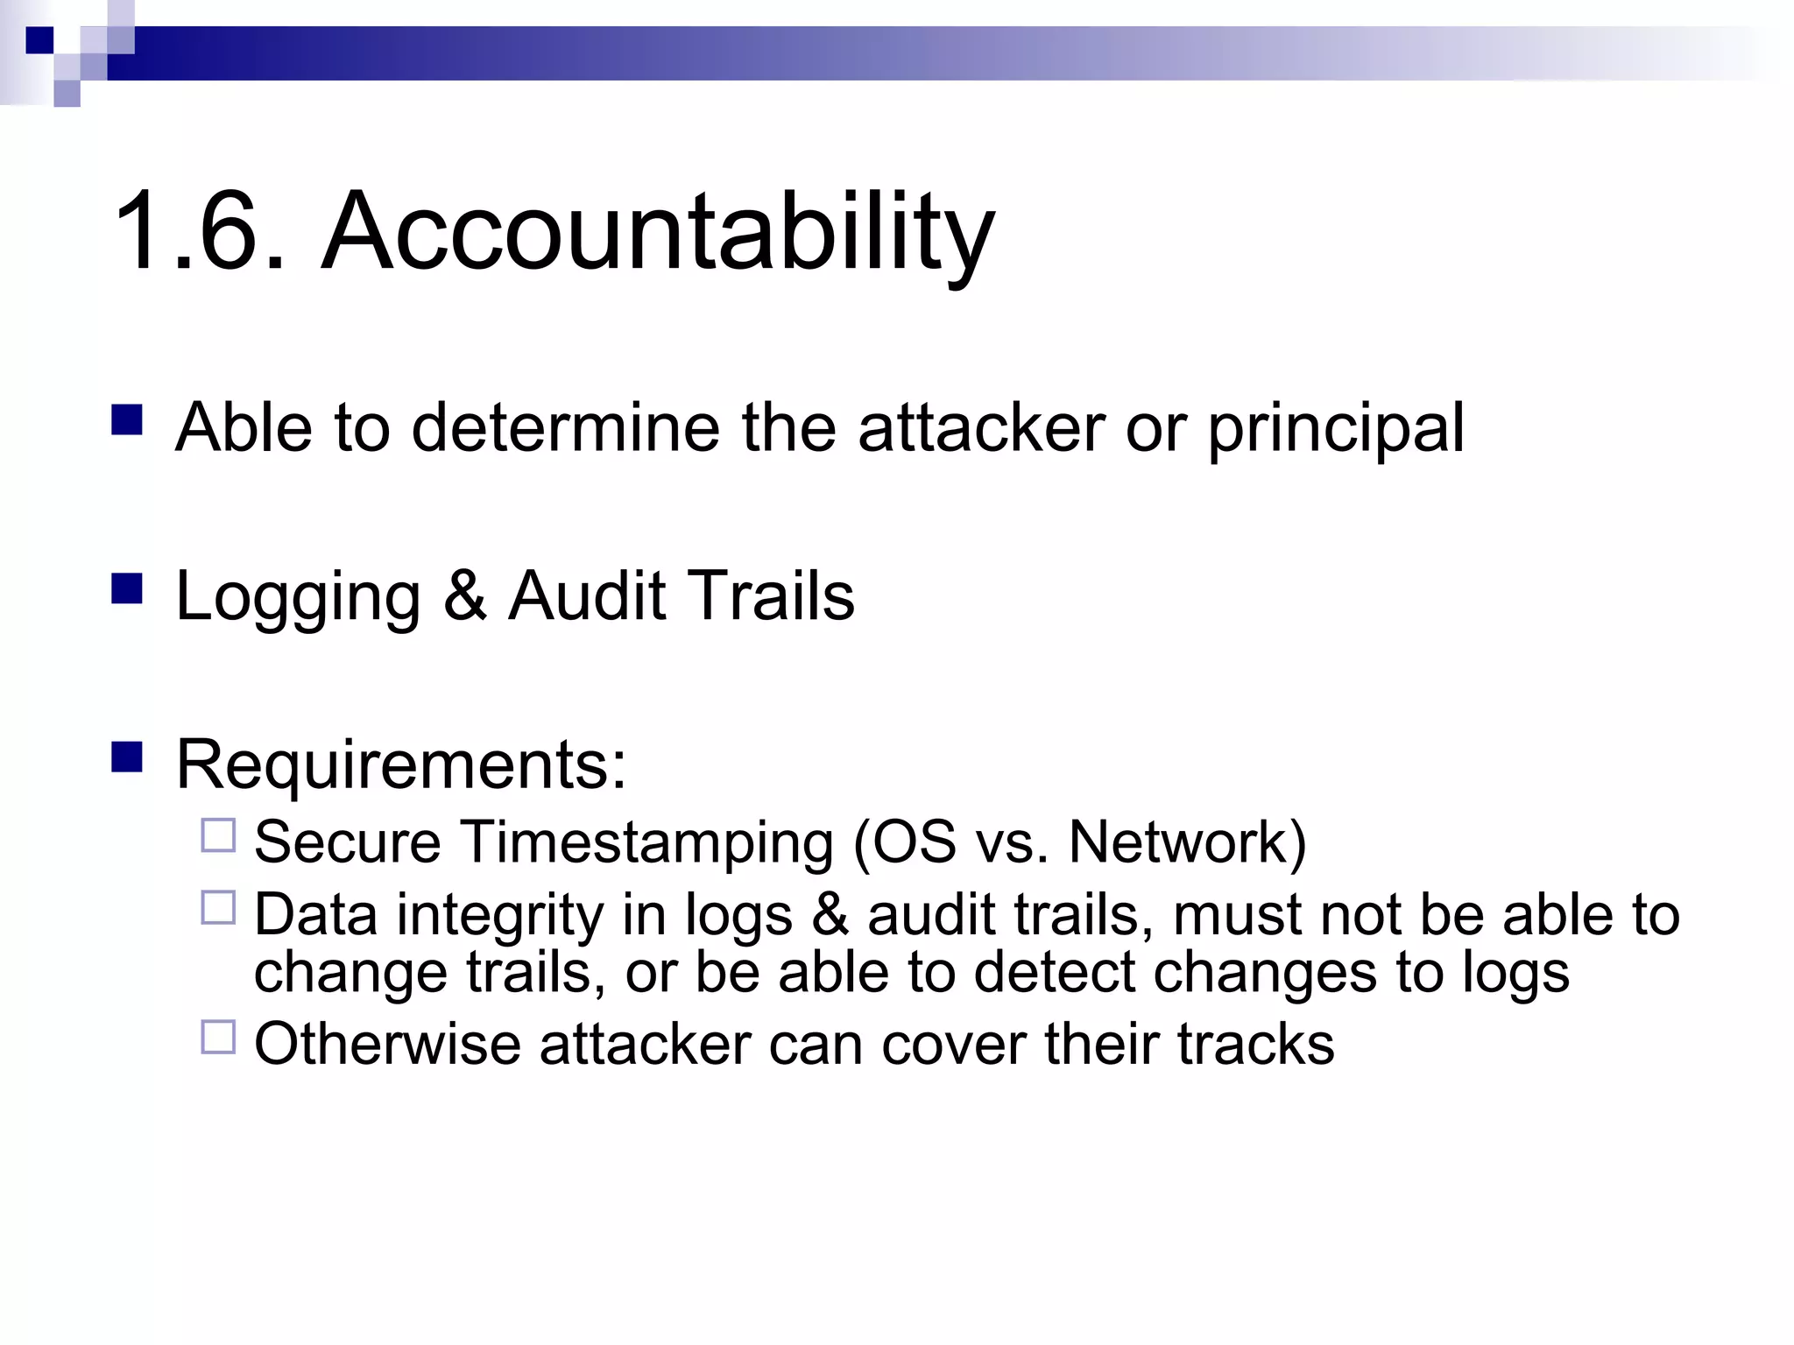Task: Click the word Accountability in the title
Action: click(x=658, y=232)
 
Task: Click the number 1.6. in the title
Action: click(x=200, y=232)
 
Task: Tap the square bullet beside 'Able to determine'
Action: click(x=127, y=420)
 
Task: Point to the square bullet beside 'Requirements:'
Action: click(x=127, y=757)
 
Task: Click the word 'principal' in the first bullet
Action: click(x=1336, y=429)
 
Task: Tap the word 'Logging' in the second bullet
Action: click(x=298, y=598)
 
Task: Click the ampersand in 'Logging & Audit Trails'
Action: click(x=464, y=596)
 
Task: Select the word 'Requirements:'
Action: click(x=401, y=765)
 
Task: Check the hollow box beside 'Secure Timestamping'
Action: click(x=218, y=835)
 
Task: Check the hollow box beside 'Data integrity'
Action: click(x=218, y=908)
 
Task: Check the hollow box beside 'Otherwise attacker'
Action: click(x=218, y=1037)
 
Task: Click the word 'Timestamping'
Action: click(x=647, y=843)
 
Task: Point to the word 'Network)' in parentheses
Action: click(x=1187, y=842)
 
